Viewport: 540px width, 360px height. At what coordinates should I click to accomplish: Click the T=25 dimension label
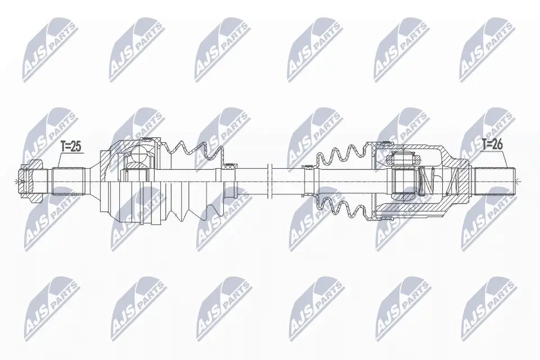(71, 147)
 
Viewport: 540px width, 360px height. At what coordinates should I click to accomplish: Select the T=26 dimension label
(492, 145)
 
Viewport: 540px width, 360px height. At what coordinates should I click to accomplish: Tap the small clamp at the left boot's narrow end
(230, 166)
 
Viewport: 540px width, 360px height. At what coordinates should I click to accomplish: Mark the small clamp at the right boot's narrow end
(308, 167)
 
